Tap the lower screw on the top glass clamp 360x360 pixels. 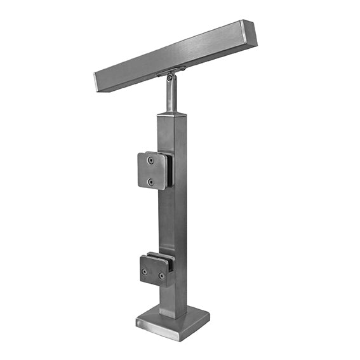coord(150,182)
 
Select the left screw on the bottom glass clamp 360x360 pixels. coord(145,272)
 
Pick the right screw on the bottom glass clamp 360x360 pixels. coord(162,276)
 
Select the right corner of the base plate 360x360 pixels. coord(209,314)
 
